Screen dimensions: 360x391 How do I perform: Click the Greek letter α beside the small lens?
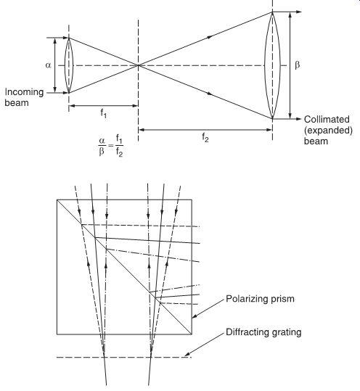click(x=48, y=65)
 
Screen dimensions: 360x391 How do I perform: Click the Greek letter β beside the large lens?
click(x=297, y=65)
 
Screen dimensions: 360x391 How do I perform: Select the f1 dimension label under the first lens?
click(x=104, y=113)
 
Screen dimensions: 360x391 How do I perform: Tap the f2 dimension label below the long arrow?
click(x=205, y=137)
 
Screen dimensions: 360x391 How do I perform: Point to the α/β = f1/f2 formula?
click(x=110, y=146)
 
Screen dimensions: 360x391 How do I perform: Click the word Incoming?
click(x=24, y=92)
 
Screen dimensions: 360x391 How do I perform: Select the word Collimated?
click(x=327, y=119)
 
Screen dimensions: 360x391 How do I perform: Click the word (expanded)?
click(x=328, y=130)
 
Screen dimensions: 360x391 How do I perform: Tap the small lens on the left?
click(x=69, y=65)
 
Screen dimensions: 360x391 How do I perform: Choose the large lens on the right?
click(x=272, y=65)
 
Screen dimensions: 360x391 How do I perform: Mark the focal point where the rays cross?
click(x=138, y=65)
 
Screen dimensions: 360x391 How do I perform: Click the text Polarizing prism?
click(x=260, y=299)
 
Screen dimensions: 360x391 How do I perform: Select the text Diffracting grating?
click(x=263, y=332)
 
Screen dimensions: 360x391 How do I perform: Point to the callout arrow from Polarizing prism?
click(x=208, y=308)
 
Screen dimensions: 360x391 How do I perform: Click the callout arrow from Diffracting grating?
click(x=205, y=345)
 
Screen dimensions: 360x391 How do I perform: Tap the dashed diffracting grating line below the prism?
click(x=124, y=358)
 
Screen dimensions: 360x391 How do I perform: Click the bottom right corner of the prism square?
click(x=192, y=334)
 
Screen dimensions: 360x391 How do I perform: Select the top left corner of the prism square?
click(x=57, y=199)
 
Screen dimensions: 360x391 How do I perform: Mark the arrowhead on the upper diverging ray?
click(x=210, y=37)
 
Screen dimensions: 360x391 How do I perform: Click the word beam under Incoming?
click(x=17, y=103)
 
